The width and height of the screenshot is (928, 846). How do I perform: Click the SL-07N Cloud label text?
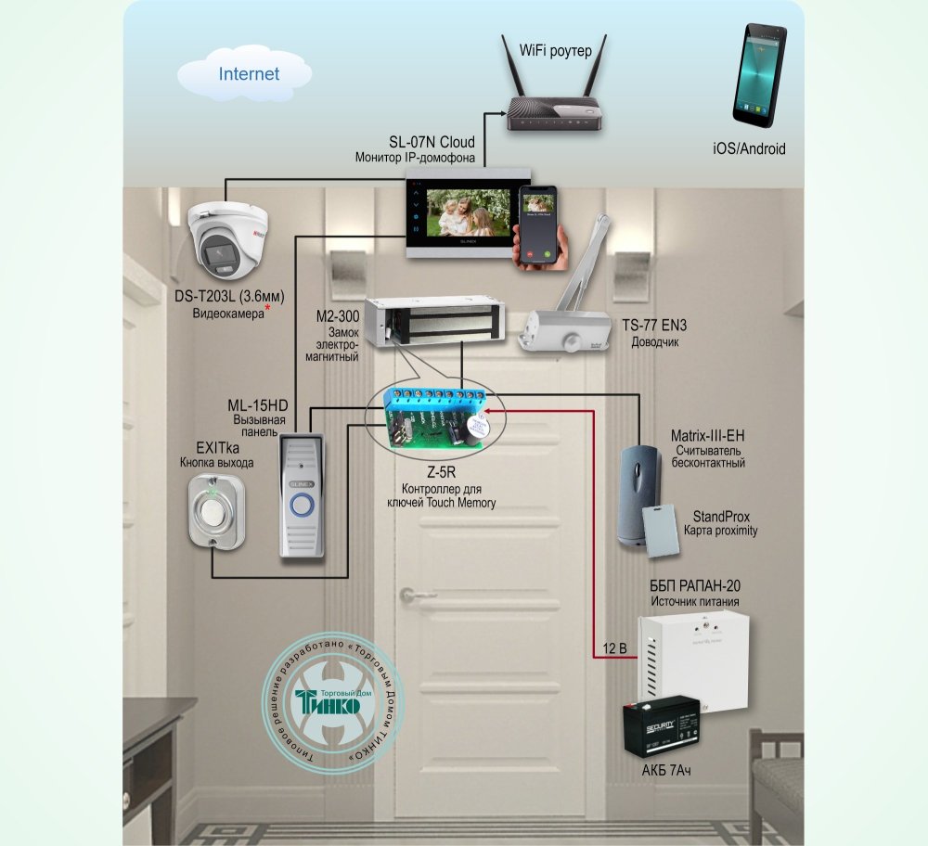(432, 142)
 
